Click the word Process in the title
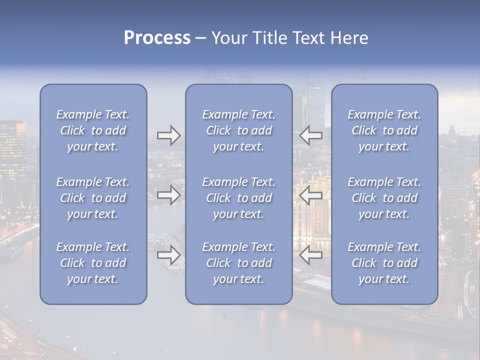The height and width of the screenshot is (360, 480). coord(157,38)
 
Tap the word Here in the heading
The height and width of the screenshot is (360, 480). coord(348,38)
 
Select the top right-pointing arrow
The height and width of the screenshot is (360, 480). coord(168,135)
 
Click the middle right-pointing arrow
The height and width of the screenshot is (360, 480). coord(168,195)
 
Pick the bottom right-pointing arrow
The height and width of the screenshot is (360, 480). coord(168,255)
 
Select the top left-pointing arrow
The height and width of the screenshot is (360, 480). coord(311,135)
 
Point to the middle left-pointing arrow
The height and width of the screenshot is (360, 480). coord(311,195)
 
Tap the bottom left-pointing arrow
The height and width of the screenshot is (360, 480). coord(311,255)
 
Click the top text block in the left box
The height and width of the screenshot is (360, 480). coord(93,130)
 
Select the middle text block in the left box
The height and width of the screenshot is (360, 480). coord(93,198)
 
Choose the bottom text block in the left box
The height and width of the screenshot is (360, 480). coord(93,263)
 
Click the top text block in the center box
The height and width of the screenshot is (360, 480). coord(239,130)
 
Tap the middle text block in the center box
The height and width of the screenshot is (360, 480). coord(239,198)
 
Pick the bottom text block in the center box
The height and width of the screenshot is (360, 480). coord(239,263)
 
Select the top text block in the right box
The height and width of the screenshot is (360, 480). coord(384,130)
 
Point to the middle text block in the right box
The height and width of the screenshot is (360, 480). coord(384,198)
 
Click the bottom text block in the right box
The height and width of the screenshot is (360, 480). coord(384,263)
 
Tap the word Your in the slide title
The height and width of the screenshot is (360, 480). coord(227,38)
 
